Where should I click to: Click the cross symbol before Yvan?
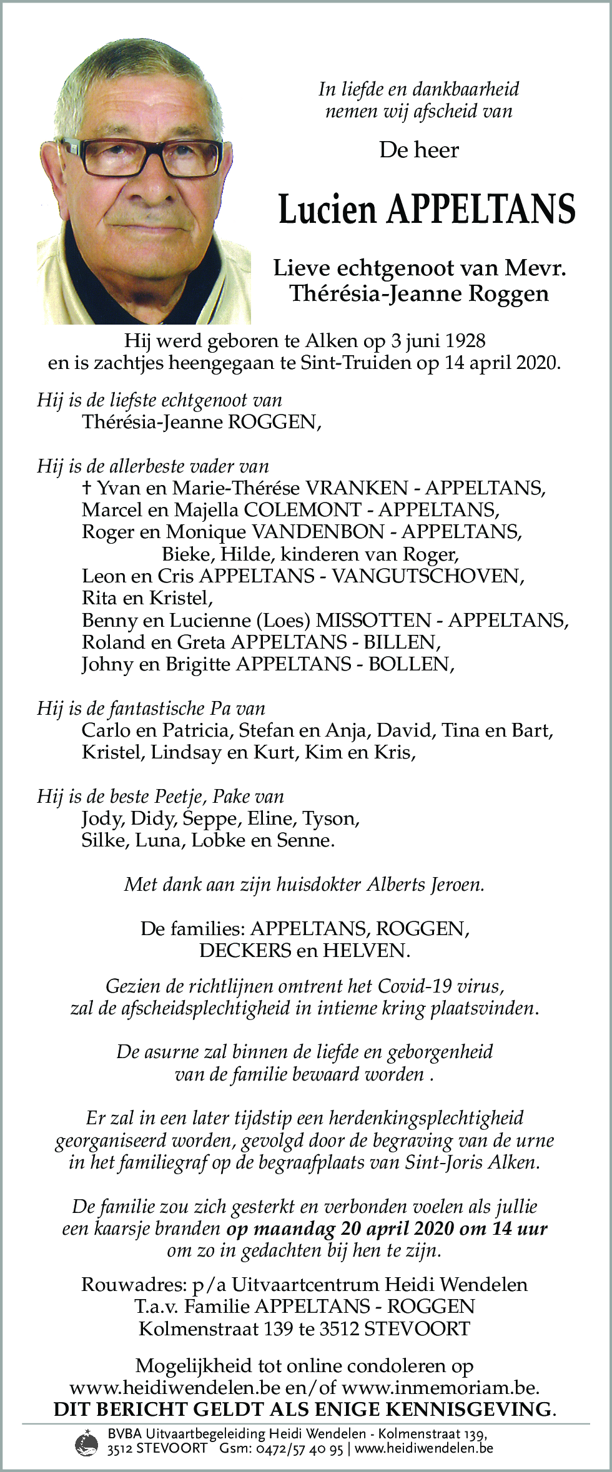click(x=86, y=488)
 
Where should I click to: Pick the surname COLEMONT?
click(x=302, y=509)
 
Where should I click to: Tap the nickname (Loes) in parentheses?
click(x=285, y=620)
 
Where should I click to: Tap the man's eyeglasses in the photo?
click(x=147, y=154)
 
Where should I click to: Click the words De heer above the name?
click(x=418, y=150)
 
